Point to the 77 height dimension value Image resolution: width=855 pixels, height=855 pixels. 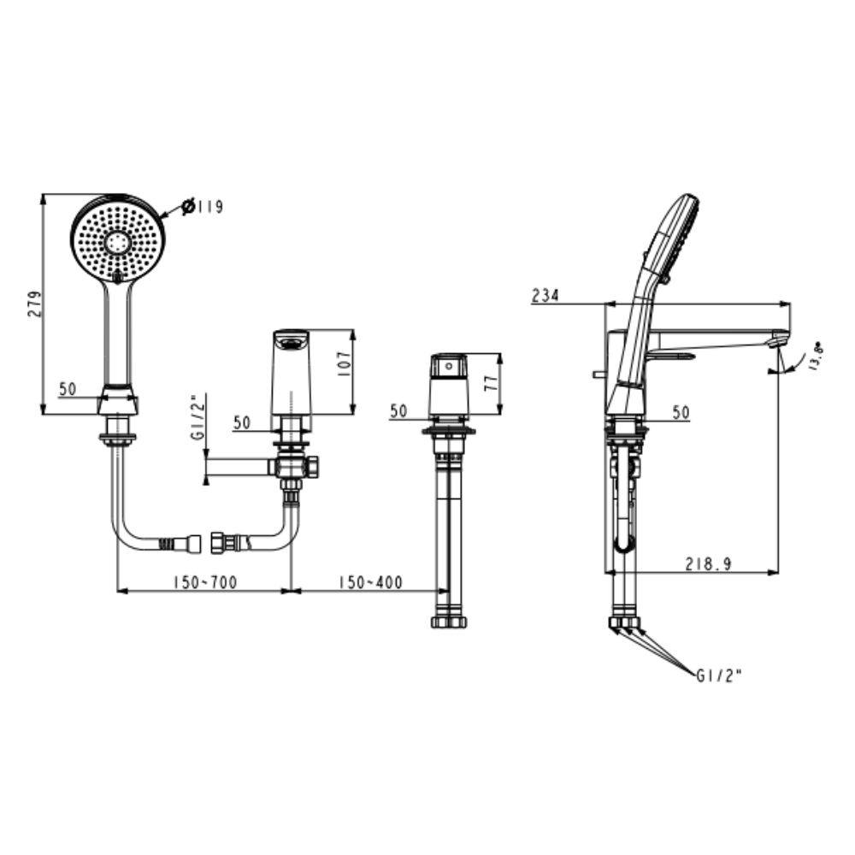pyautogui.click(x=490, y=382)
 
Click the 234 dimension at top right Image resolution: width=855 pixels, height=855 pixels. pyautogui.click(x=545, y=296)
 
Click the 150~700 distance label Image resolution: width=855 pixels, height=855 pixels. pyautogui.click(x=204, y=582)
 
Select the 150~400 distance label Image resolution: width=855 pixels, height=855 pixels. pyautogui.click(x=370, y=582)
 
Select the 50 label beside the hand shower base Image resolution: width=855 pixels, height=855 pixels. pyautogui.click(x=68, y=389)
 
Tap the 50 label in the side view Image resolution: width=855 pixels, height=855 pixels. pyautogui.click(x=681, y=412)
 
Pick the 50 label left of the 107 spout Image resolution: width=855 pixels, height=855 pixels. pyautogui.click(x=242, y=422)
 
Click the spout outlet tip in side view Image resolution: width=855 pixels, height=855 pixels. pyautogui.click(x=778, y=340)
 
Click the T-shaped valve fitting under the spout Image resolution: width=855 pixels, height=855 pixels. pyautogui.click(x=294, y=467)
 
